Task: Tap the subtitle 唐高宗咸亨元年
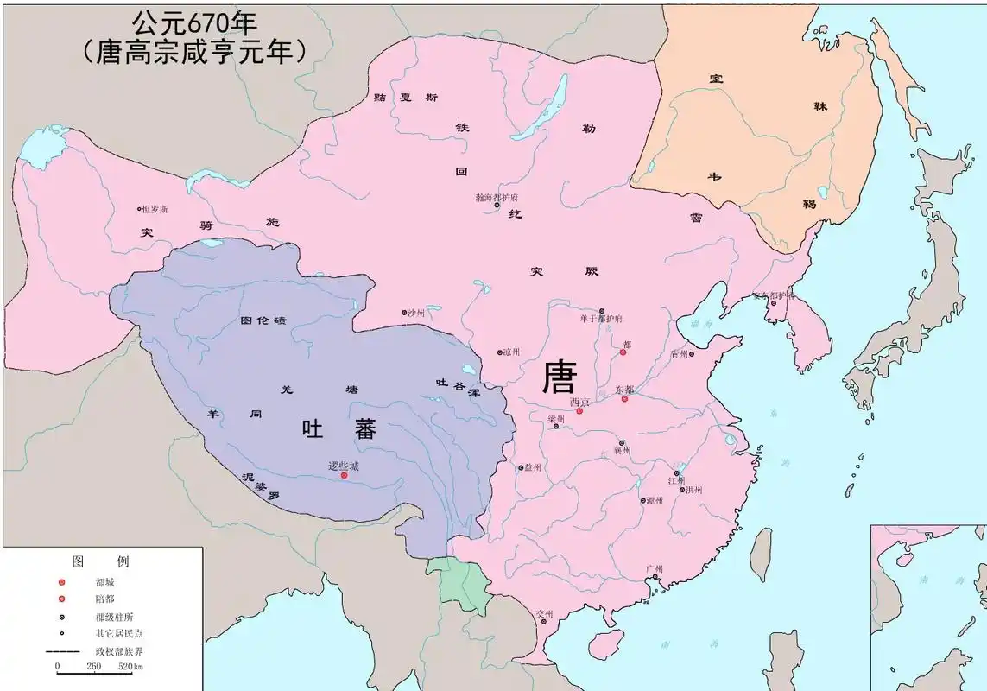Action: [x=194, y=51]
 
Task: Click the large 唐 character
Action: [x=559, y=377]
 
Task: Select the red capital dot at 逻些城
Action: [x=344, y=475]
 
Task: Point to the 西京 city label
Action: [x=579, y=403]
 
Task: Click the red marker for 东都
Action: [x=624, y=399]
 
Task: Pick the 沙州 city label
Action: [x=417, y=313]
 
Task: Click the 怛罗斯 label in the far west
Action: [x=156, y=209]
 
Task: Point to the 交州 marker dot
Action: [x=543, y=622]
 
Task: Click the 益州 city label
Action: [x=532, y=467]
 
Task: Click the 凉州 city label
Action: [x=512, y=352]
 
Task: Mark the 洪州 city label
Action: [x=693, y=490]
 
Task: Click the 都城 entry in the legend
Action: [x=104, y=581]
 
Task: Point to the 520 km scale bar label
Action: [x=130, y=667]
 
